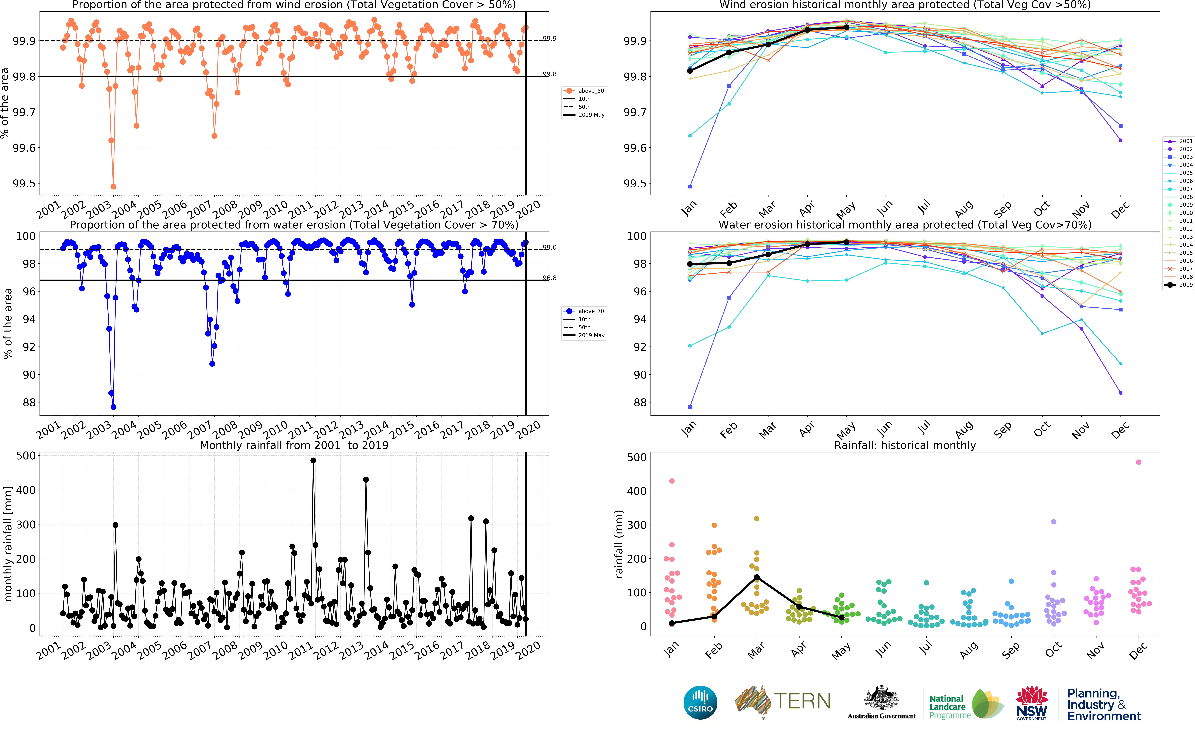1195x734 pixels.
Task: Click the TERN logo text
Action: pos(802,701)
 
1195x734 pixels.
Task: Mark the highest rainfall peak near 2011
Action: pos(313,461)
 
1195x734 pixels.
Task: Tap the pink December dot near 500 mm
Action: pos(1139,462)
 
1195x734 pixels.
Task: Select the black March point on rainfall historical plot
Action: pos(757,577)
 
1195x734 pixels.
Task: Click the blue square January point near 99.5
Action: pos(690,186)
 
